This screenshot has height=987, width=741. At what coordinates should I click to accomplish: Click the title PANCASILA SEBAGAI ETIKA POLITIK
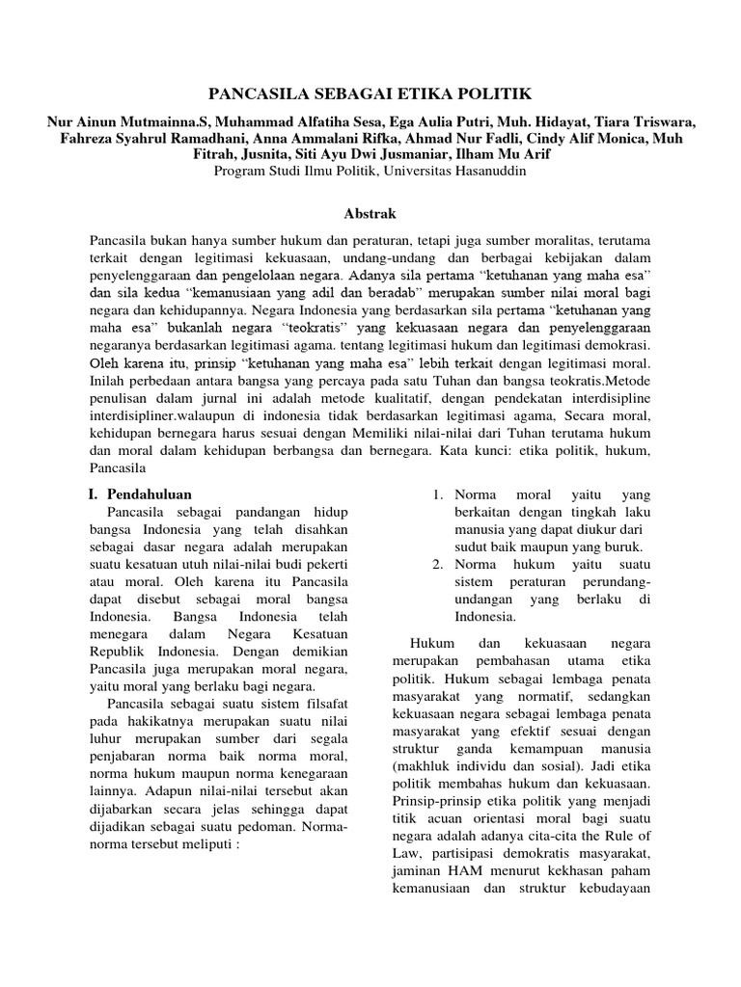coord(370,93)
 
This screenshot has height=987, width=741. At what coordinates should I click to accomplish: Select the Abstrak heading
coord(370,212)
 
